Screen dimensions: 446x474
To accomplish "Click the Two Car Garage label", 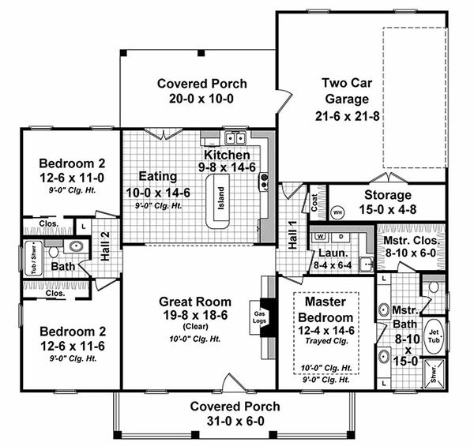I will pyautogui.click(x=345, y=91).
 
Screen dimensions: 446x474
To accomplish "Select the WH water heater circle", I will pyautogui.click(x=337, y=212).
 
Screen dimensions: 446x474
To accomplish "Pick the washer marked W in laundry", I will pyautogui.click(x=320, y=236).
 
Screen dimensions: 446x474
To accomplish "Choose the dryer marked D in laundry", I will pyautogui.click(x=341, y=236).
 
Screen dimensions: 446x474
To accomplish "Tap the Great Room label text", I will pyautogui.click(x=195, y=301).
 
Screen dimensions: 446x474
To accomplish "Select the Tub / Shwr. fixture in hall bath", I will pyautogui.click(x=34, y=257).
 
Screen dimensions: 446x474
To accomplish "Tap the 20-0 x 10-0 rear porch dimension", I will pyautogui.click(x=201, y=99).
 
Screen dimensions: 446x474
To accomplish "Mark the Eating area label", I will pyautogui.click(x=157, y=176).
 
